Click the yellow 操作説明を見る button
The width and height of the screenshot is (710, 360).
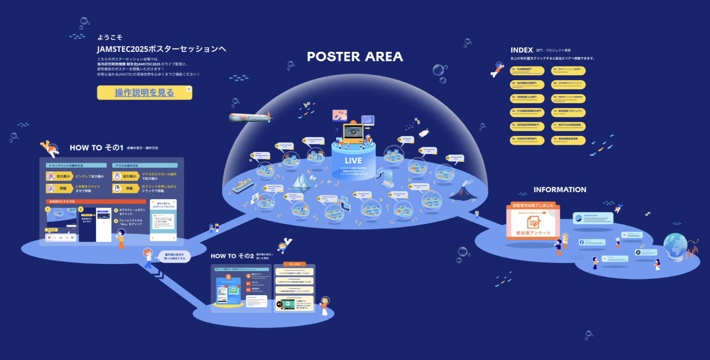(x=144, y=93)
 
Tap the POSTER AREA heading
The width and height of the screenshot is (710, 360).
(x=355, y=57)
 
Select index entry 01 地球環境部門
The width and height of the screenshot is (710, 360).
(x=527, y=71)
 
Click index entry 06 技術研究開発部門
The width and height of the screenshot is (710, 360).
(x=527, y=140)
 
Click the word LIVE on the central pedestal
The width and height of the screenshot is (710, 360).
(x=353, y=160)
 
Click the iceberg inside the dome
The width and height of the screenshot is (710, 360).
(x=304, y=181)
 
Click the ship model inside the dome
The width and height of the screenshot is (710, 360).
(x=242, y=186)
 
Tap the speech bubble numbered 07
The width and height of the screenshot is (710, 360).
(x=327, y=198)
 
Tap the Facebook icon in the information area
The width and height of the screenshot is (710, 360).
(x=582, y=242)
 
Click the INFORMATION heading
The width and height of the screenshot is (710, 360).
(x=560, y=190)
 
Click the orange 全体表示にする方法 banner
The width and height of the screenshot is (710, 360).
(x=96, y=202)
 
